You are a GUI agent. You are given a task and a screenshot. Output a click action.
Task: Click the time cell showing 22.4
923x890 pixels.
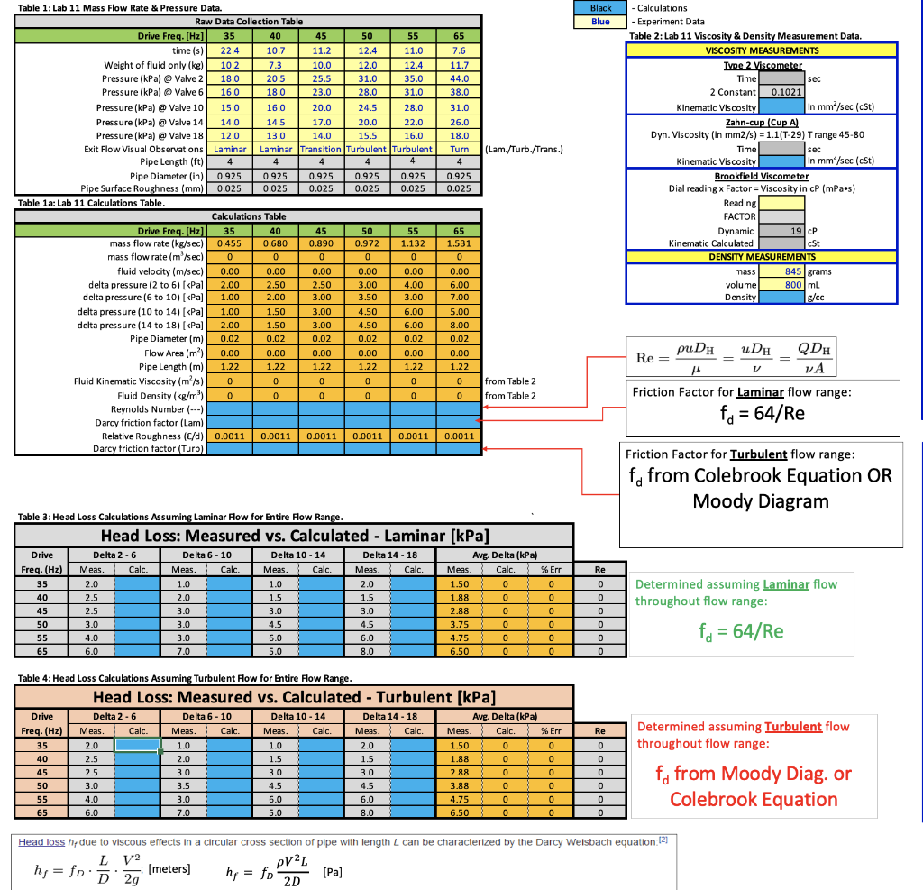click(x=230, y=50)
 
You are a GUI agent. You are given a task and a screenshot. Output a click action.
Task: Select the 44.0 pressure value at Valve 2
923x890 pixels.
click(x=459, y=78)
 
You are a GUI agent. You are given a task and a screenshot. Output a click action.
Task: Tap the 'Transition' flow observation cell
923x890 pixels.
click(x=321, y=149)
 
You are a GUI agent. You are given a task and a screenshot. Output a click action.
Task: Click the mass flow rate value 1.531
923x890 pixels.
click(x=459, y=243)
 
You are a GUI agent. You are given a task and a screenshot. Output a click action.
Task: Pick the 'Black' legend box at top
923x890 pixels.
click(x=600, y=7)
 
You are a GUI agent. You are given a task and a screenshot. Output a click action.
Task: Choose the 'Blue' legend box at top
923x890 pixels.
click(x=600, y=21)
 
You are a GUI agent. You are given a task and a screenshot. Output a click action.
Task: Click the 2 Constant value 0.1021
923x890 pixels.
click(x=781, y=92)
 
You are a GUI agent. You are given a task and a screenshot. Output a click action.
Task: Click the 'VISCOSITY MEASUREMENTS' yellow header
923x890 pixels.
click(x=762, y=50)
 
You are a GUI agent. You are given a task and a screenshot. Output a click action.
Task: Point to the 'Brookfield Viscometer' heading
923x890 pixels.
click(x=762, y=176)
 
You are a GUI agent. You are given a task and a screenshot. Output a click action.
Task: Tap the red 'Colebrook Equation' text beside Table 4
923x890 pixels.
click(x=754, y=799)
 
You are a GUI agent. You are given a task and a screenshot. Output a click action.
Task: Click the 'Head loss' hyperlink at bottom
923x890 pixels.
click(x=41, y=842)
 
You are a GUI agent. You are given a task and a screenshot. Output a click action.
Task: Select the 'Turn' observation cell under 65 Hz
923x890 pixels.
click(x=459, y=149)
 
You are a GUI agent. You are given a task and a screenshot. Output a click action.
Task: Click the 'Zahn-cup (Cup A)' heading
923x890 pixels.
click(x=762, y=121)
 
